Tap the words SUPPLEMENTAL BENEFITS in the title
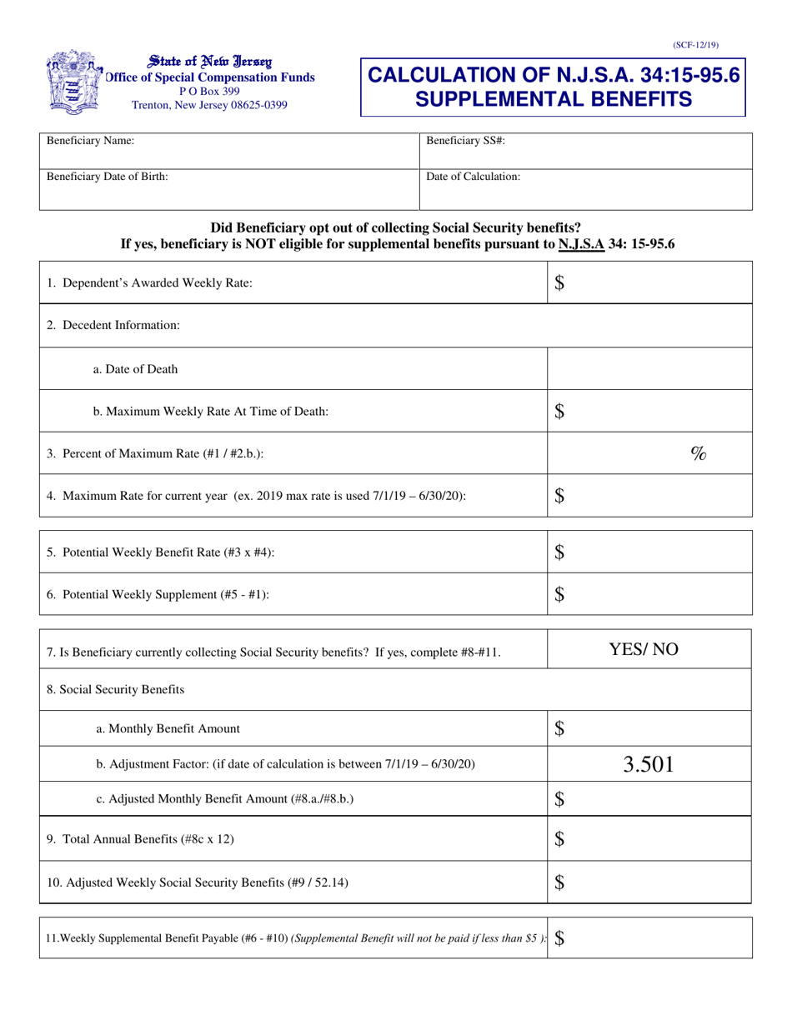pyautogui.click(x=553, y=99)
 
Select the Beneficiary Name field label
pyautogui.click(x=90, y=141)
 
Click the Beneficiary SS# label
pyautogui.click(x=465, y=141)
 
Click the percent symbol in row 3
pyautogui.click(x=699, y=453)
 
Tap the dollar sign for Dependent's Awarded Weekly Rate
pyautogui.click(x=560, y=283)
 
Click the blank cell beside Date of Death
pyautogui.click(x=649, y=369)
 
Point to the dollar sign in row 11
pyautogui.click(x=559, y=937)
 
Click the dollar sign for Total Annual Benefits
pyautogui.click(x=560, y=840)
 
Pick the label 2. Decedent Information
pyautogui.click(x=113, y=325)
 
